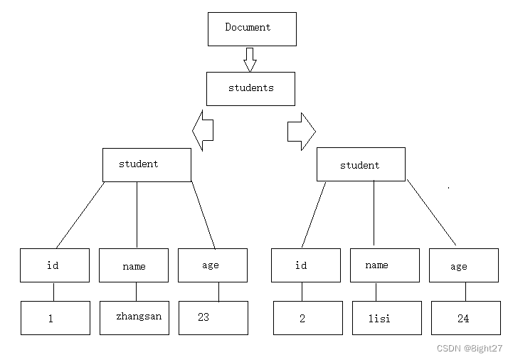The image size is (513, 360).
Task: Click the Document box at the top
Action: tap(252, 28)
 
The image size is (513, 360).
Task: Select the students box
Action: tap(250, 88)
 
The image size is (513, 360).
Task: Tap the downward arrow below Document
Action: tap(250, 60)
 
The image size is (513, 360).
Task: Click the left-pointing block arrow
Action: tap(203, 130)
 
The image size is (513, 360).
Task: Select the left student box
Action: tap(147, 164)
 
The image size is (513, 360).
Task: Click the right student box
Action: tap(361, 164)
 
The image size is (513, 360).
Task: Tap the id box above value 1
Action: tap(55, 265)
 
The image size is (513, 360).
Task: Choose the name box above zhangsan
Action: tap(134, 265)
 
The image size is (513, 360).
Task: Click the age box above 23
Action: tap(212, 265)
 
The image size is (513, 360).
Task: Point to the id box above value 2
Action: tap(306, 265)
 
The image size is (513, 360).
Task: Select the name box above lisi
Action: tap(384, 265)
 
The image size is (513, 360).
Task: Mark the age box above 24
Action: tap(463, 265)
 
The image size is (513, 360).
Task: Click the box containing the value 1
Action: tap(55, 318)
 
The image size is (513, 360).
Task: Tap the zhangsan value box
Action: tap(135, 317)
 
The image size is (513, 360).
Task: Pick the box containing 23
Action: tap(213, 317)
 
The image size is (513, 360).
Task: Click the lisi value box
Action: tap(386, 318)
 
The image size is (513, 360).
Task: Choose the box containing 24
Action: tap(465, 318)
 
